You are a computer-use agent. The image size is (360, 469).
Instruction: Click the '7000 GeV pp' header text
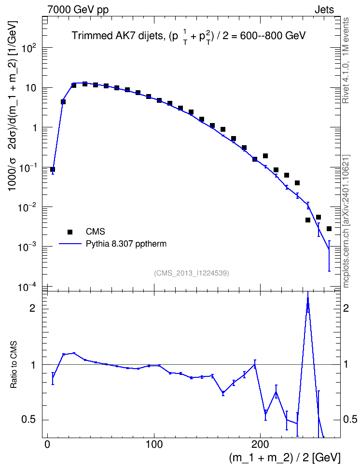click(x=78, y=10)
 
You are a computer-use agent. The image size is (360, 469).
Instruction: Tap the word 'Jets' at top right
click(x=324, y=10)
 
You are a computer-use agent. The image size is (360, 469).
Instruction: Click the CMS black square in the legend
click(x=70, y=232)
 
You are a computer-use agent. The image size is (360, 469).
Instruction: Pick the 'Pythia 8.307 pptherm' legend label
click(x=126, y=244)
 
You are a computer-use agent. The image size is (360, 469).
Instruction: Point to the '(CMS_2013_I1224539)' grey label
click(x=192, y=273)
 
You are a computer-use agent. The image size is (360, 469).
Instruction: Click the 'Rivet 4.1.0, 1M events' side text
click(x=346, y=60)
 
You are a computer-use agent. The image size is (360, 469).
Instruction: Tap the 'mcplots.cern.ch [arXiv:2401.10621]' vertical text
click(x=346, y=221)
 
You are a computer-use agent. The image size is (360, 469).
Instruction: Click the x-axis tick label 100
click(x=154, y=444)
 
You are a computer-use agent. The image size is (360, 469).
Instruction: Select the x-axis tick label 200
click(x=260, y=444)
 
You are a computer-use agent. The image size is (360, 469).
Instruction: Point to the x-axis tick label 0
click(x=47, y=444)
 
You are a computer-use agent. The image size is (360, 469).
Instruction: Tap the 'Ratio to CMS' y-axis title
click(x=14, y=364)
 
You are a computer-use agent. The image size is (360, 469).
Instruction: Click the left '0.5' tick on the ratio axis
click(x=28, y=420)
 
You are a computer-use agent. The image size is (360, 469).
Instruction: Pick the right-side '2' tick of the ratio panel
click(x=346, y=308)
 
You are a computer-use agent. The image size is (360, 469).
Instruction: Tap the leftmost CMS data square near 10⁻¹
click(x=53, y=169)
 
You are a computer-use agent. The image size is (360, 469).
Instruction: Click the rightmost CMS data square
click(x=329, y=229)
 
